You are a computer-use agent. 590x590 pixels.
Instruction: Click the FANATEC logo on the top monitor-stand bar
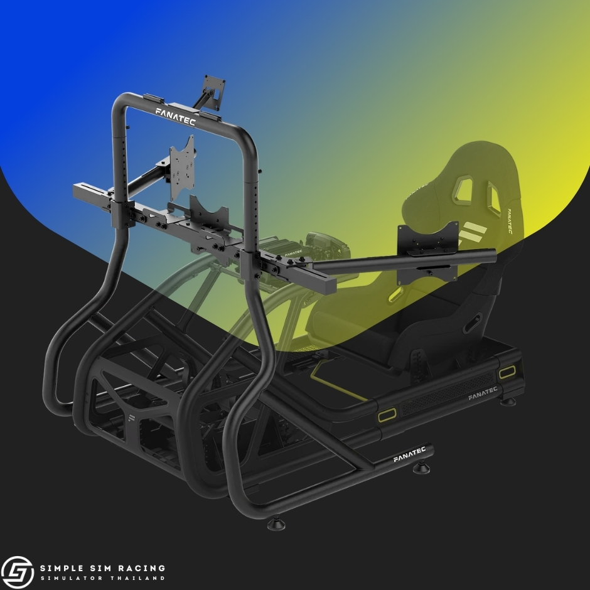[175, 116]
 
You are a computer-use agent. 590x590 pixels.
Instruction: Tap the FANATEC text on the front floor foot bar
[409, 454]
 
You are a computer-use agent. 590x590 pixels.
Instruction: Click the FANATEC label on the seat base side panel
[483, 393]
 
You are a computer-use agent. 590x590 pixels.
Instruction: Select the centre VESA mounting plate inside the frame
[183, 168]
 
